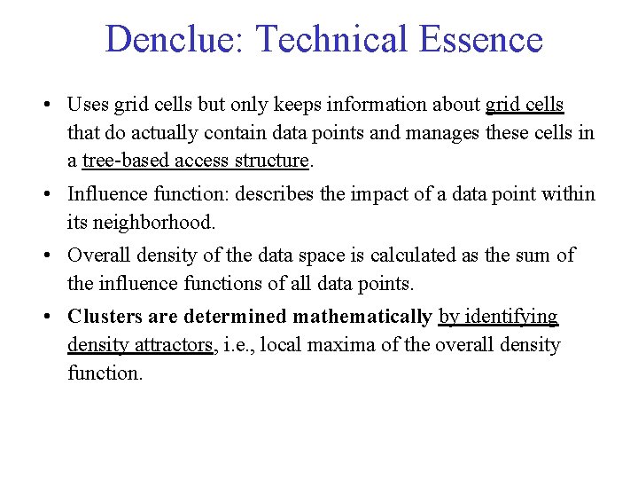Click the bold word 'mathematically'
(x=362, y=317)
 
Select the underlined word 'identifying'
(x=510, y=317)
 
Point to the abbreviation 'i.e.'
(x=237, y=344)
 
